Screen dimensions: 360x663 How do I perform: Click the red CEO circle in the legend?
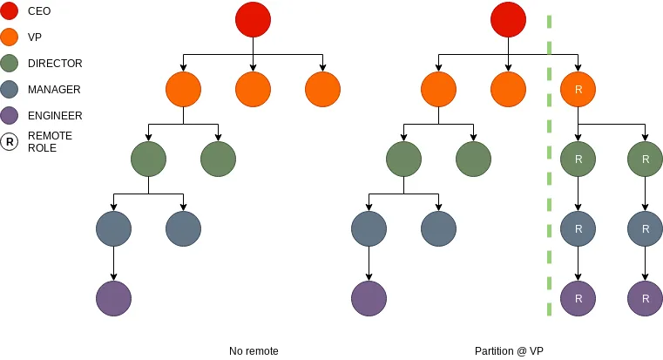(x=10, y=11)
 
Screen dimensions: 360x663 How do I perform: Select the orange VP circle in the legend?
(x=10, y=37)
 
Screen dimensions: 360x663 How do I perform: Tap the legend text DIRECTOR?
(x=55, y=64)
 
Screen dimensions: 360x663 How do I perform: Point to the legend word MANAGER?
(x=54, y=89)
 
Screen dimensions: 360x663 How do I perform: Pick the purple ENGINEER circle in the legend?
(x=10, y=115)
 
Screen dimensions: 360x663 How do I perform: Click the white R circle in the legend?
(x=10, y=141)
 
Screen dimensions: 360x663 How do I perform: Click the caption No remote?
(x=254, y=351)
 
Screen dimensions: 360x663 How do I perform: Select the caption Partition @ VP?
(x=508, y=351)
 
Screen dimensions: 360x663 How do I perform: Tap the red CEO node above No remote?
(x=253, y=20)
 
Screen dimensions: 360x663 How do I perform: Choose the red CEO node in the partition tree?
(x=508, y=20)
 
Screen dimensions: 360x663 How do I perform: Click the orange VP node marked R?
(x=578, y=89)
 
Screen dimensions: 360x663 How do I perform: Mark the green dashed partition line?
(x=550, y=166)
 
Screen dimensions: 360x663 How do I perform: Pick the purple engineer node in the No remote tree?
(x=113, y=298)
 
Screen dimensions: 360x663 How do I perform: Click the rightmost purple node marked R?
(x=645, y=298)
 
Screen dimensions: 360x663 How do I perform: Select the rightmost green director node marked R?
(x=645, y=159)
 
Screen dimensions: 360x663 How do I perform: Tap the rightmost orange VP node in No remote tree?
(x=322, y=89)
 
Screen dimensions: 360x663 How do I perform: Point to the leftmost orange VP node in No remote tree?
(x=183, y=89)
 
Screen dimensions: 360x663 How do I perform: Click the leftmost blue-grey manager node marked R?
(x=578, y=228)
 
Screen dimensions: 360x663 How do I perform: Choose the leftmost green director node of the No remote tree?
(x=148, y=159)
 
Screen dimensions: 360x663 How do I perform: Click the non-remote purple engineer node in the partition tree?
(x=369, y=298)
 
